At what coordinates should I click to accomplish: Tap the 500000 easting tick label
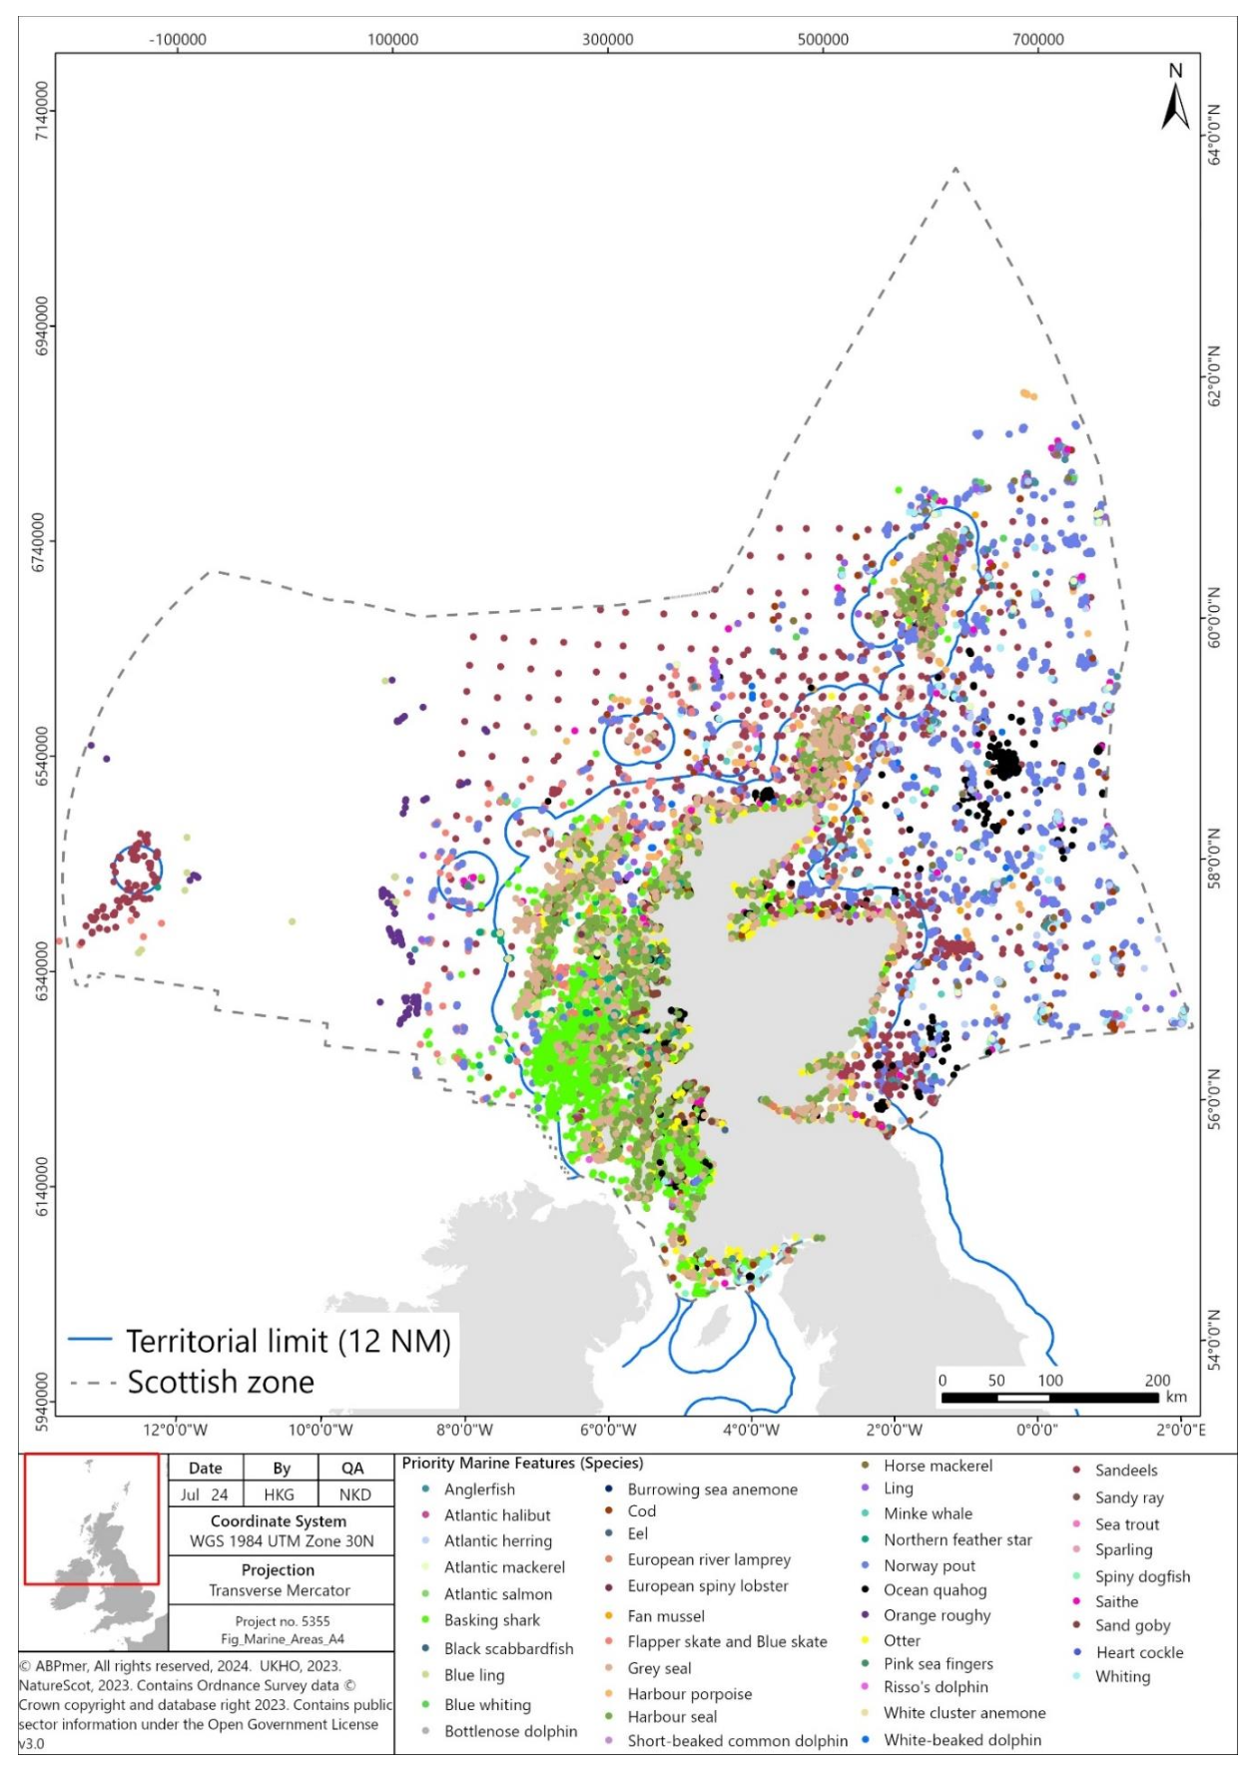click(x=823, y=40)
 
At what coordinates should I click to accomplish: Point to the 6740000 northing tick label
click(x=41, y=541)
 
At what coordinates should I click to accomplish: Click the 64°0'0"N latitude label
click(x=1213, y=134)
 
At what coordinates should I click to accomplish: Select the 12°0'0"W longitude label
click(x=175, y=1430)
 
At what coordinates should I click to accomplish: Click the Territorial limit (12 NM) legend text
click(x=288, y=1341)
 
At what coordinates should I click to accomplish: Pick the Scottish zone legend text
click(x=221, y=1383)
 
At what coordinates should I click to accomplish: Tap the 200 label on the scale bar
click(x=1157, y=1381)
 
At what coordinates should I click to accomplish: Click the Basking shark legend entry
click(x=491, y=1620)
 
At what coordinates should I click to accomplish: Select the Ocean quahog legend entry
click(x=935, y=1590)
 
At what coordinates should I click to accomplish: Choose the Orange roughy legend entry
click(x=937, y=1615)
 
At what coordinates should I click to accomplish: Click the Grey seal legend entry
click(x=659, y=1668)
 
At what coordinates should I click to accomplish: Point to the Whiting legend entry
click(x=1122, y=1676)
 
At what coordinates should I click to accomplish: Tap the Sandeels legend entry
click(x=1125, y=1471)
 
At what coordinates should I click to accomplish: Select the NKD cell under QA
click(x=354, y=1494)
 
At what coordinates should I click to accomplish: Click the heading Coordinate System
click(x=279, y=1521)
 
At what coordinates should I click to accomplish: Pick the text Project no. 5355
click(x=282, y=1621)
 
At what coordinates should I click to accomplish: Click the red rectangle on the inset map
click(x=91, y=1518)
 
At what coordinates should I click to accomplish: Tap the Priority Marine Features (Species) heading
click(x=522, y=1464)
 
